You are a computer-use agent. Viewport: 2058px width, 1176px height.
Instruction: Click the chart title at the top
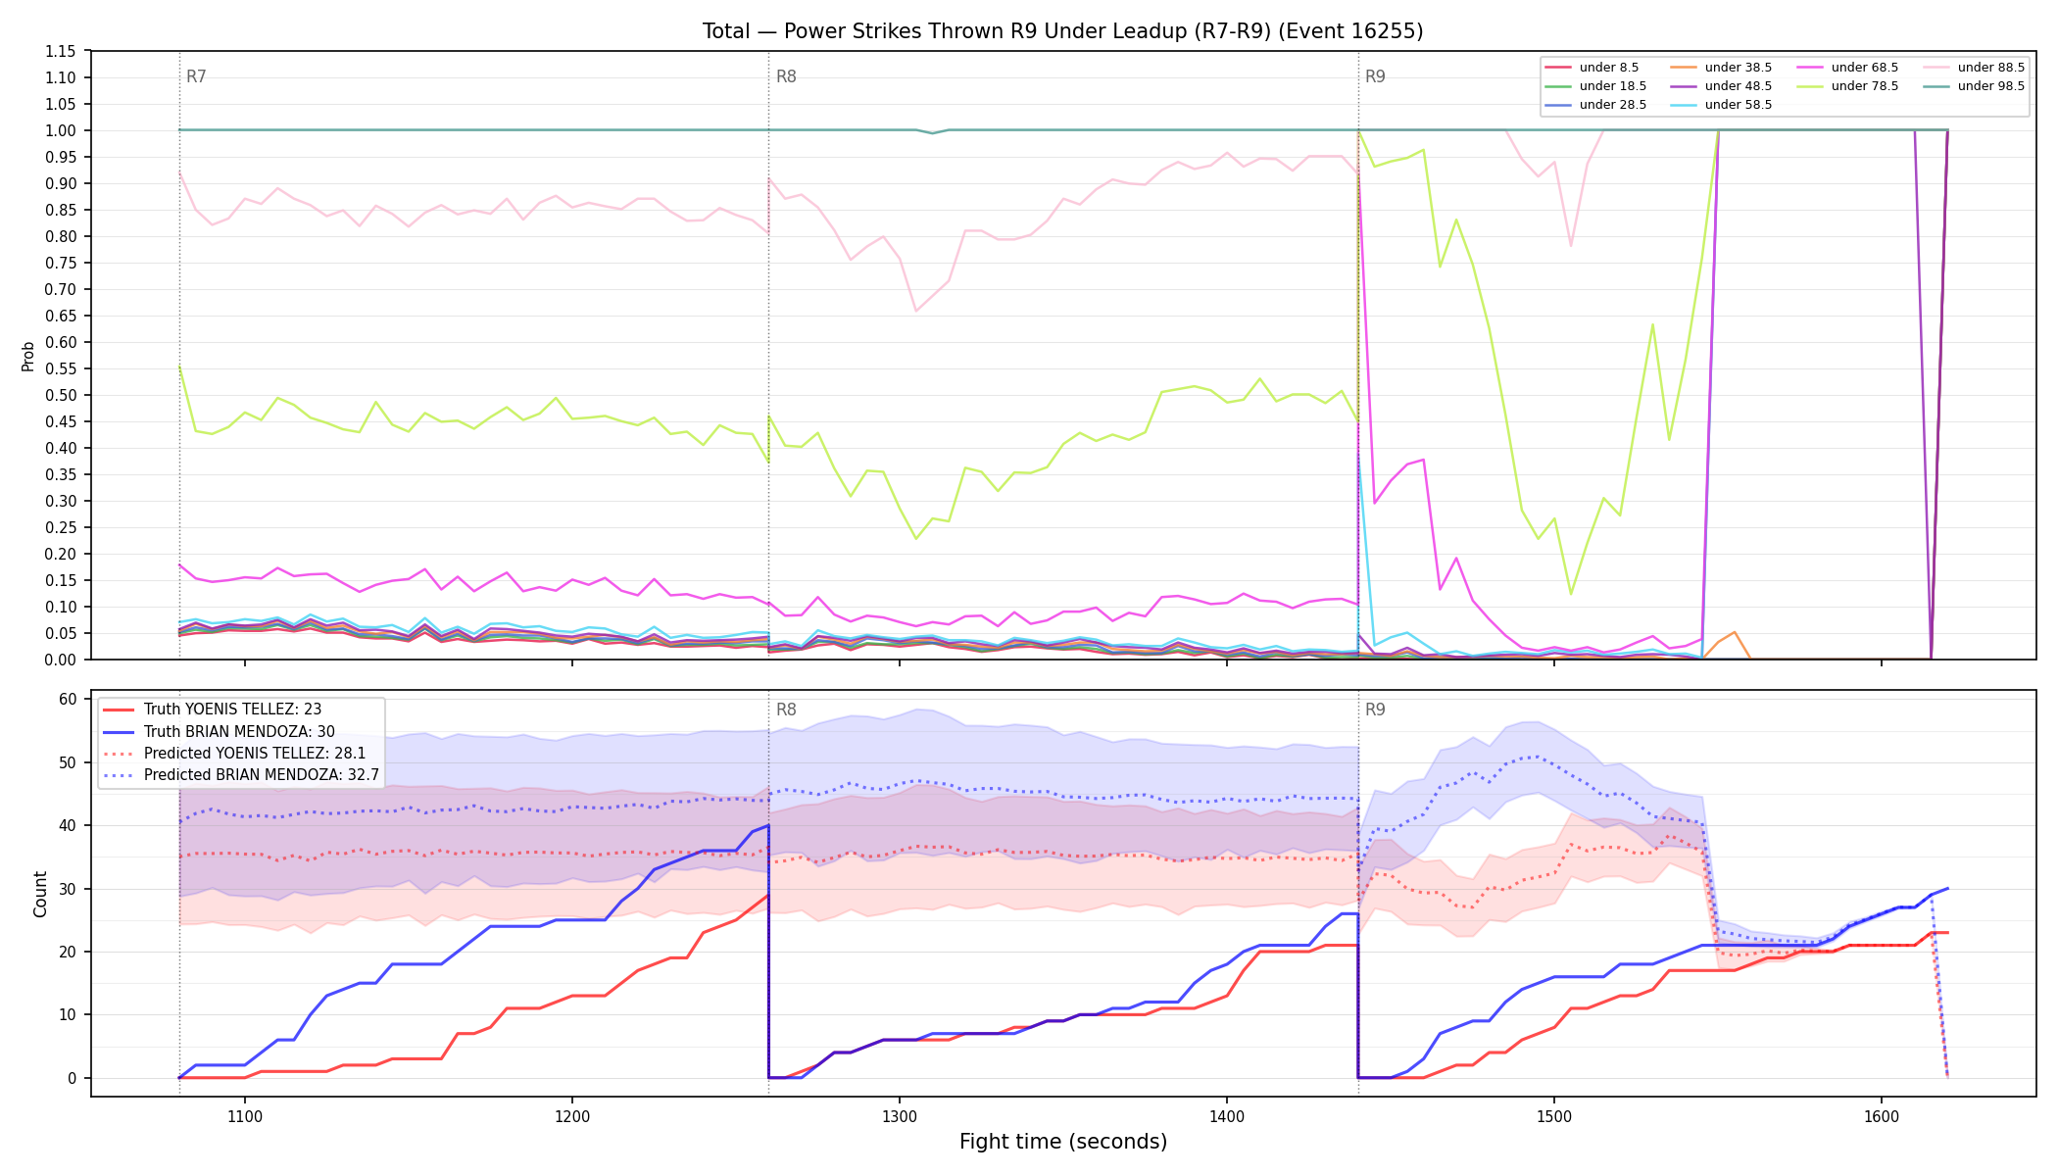click(x=1062, y=31)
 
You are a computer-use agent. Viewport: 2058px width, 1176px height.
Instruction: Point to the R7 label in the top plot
click(x=196, y=76)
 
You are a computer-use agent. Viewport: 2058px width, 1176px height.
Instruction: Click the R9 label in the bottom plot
click(x=1375, y=710)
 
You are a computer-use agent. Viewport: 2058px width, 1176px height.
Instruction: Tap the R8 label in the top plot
click(x=786, y=76)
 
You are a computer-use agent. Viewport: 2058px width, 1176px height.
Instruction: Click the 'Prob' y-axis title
click(x=27, y=356)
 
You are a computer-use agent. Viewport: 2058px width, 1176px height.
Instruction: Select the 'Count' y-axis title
click(x=40, y=894)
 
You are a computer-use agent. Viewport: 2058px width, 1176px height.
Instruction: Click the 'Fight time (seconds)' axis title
click(x=1063, y=1142)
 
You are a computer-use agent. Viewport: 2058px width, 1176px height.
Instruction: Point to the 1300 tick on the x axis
click(x=900, y=1116)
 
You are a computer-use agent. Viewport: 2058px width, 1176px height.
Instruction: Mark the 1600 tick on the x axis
click(x=1882, y=1116)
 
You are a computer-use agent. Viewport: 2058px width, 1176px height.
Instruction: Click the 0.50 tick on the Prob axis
click(x=61, y=395)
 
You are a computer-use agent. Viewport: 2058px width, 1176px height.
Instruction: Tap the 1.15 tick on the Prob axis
click(x=61, y=51)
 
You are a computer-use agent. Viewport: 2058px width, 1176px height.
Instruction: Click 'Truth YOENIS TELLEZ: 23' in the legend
click(x=232, y=710)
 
